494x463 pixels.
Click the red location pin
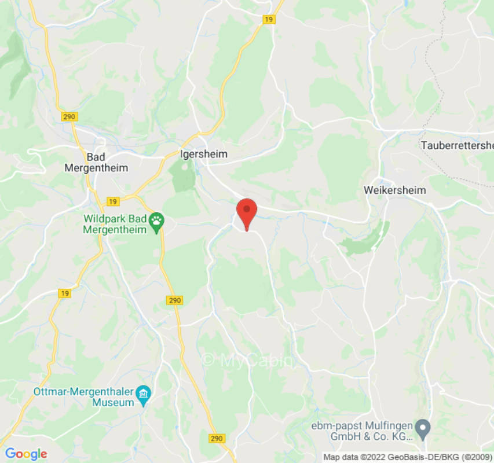247,212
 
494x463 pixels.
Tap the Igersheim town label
203,155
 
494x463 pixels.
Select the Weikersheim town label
394,190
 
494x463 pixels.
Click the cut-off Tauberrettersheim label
457,145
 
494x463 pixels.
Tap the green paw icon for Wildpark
156,221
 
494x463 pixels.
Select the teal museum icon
142,396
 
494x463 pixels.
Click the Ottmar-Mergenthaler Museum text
84,396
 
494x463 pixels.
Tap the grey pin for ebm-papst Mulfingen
424,428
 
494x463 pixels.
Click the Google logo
25,454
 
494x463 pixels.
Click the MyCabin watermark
248,360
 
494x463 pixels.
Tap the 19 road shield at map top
268,19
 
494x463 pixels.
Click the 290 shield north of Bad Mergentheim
69,117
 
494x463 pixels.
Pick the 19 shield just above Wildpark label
112,201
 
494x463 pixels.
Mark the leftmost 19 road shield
65,293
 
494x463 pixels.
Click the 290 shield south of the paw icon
175,300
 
